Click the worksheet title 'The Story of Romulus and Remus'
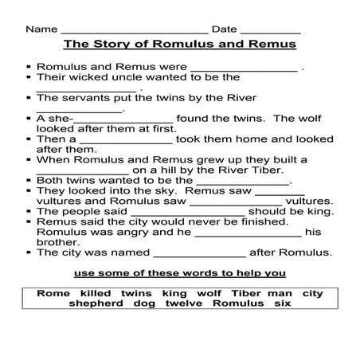click(179, 45)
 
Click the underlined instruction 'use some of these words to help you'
click(179, 273)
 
